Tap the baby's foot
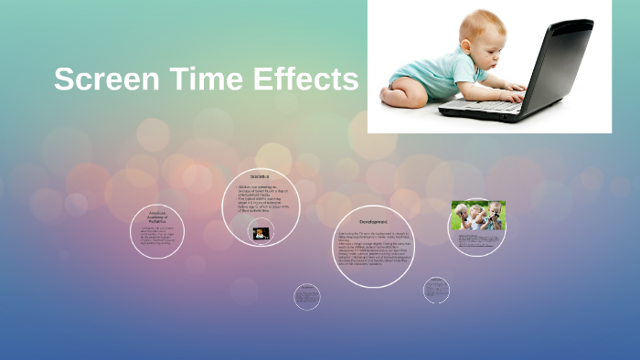click(393, 93)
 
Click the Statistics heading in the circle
click(261, 176)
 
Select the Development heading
click(373, 221)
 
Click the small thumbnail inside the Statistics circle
click(261, 233)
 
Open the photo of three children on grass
click(477, 216)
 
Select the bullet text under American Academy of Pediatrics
click(164, 236)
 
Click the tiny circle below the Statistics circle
click(307, 295)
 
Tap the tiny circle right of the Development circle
click(436, 291)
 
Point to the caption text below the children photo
click(477, 240)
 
